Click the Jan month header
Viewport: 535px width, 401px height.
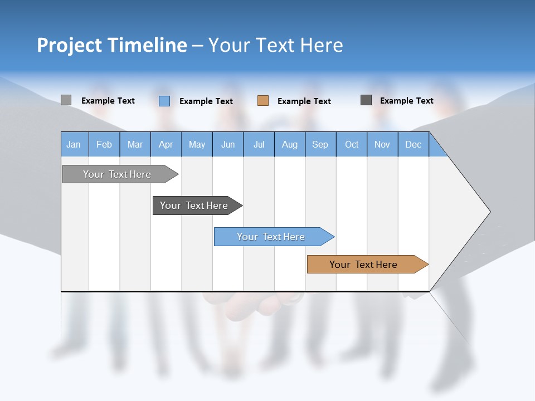click(74, 145)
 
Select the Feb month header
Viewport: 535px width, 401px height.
click(104, 145)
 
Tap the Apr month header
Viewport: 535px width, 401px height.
click(166, 145)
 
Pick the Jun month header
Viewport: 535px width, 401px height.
click(228, 145)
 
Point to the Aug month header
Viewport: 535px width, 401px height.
click(289, 145)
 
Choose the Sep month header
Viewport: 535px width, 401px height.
click(320, 145)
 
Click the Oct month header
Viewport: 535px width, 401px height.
click(352, 145)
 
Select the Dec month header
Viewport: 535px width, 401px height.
click(413, 145)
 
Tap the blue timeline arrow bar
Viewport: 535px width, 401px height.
click(272, 237)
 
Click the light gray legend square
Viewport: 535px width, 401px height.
click(66, 100)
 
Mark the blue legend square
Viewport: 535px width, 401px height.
click(164, 101)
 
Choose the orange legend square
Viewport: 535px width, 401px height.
click(263, 101)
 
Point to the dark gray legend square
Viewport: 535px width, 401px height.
click(366, 100)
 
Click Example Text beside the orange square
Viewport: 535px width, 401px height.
click(304, 101)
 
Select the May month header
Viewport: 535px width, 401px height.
click(197, 145)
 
